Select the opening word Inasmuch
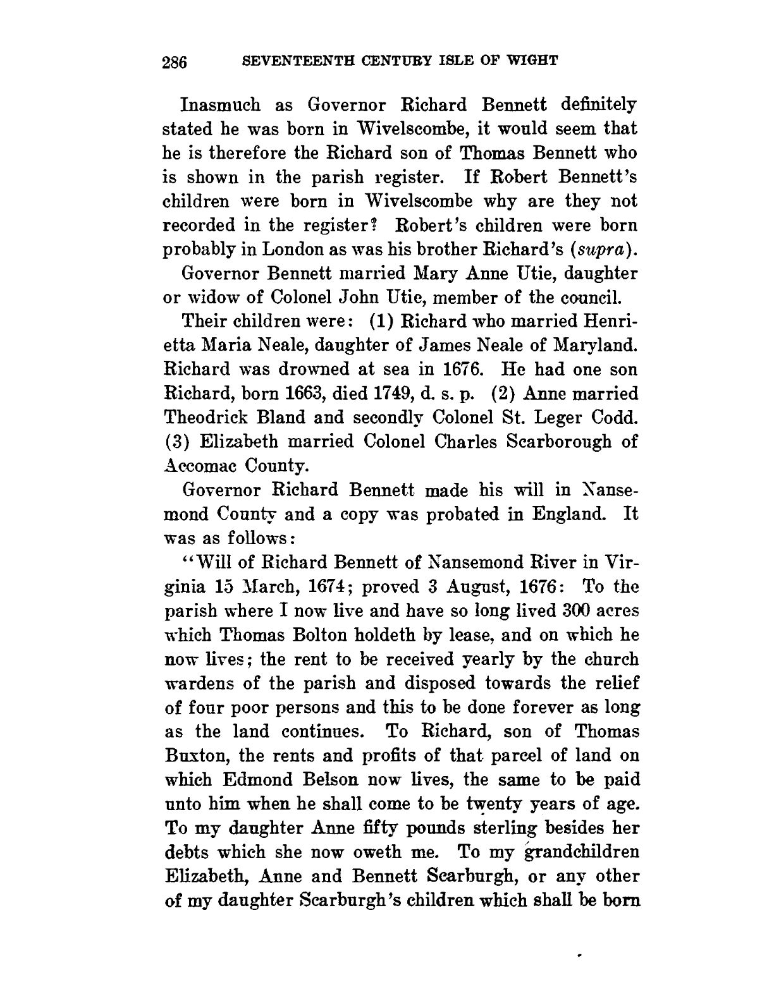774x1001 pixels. (221, 104)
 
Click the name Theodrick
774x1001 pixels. (216, 418)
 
